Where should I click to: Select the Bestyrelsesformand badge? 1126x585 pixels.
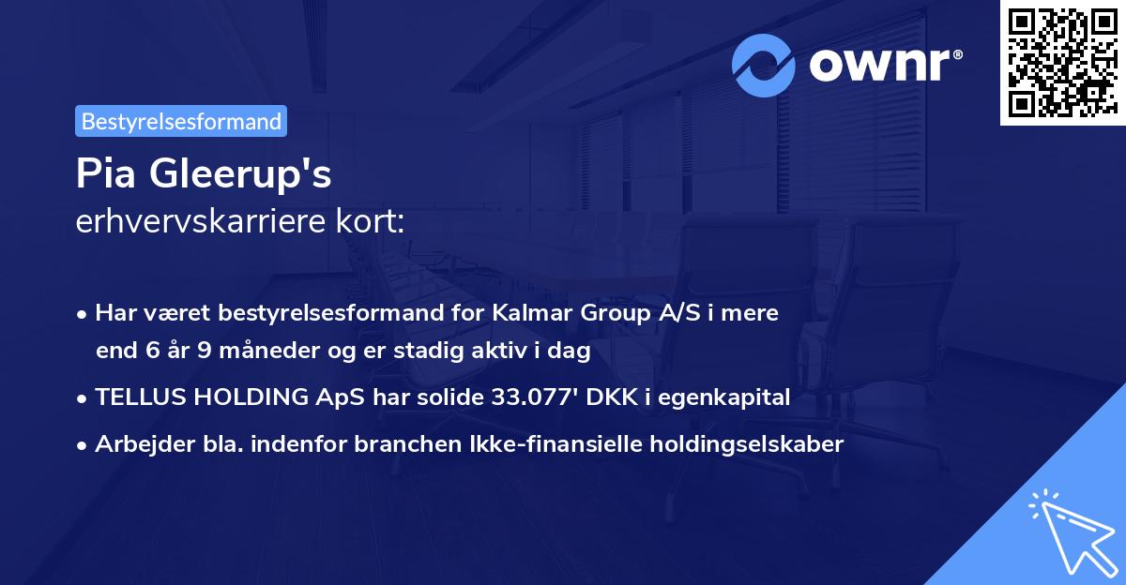tap(181, 121)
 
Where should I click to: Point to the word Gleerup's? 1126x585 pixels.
tap(241, 175)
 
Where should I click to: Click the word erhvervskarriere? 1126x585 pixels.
tap(188, 222)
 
